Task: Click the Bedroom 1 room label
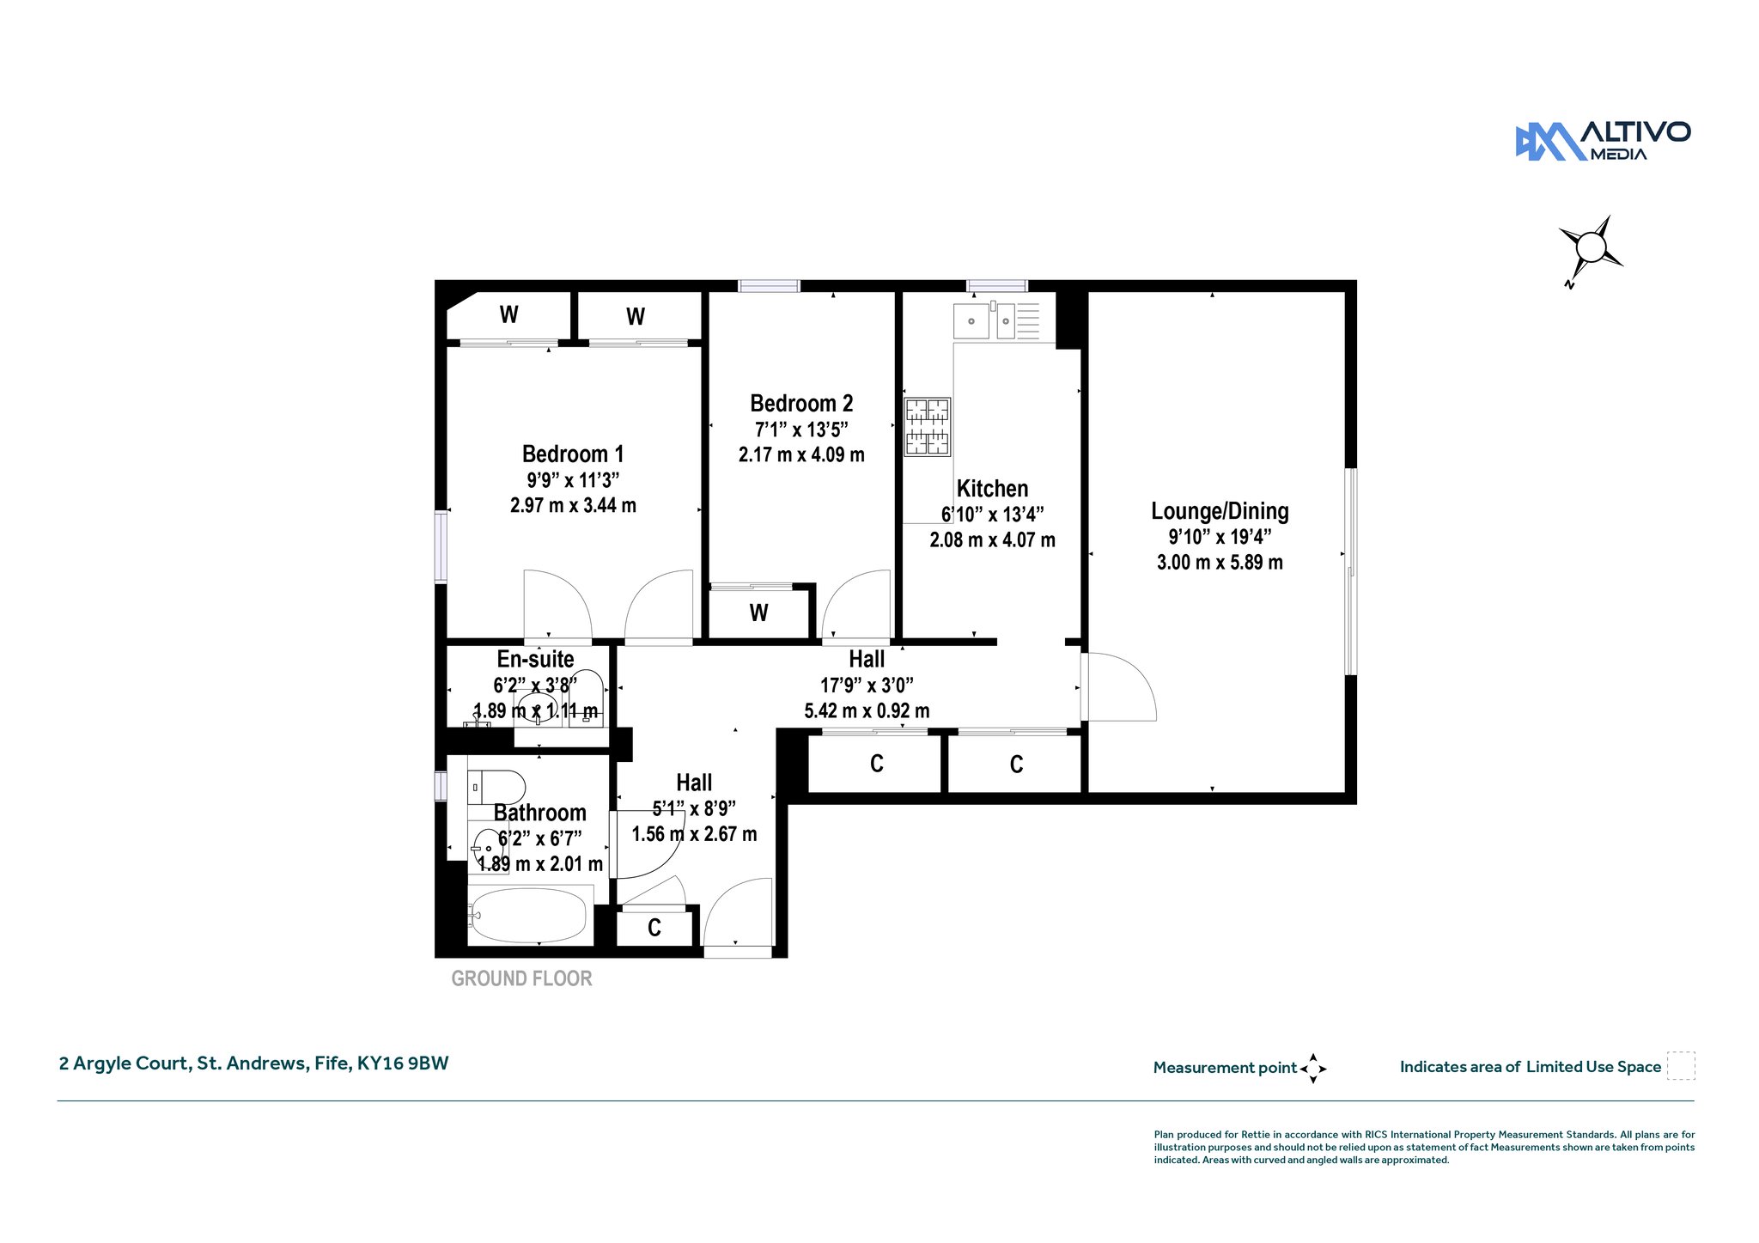tap(573, 454)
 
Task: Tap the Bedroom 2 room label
tap(801, 403)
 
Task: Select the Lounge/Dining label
tap(1220, 511)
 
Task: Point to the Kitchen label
tap(992, 489)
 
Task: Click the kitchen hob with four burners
tap(928, 426)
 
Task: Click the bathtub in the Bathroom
tap(529, 915)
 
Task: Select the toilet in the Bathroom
tap(496, 787)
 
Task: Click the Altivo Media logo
tap(1603, 141)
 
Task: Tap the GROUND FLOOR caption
tap(521, 978)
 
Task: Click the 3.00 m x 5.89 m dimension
tap(1220, 563)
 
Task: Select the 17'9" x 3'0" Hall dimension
tap(867, 685)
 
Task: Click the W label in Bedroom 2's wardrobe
tap(758, 612)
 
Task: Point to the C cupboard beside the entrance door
tap(654, 928)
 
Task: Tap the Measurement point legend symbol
tap(1313, 1069)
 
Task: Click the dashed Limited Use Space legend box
tap(1681, 1066)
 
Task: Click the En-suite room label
tap(535, 659)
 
